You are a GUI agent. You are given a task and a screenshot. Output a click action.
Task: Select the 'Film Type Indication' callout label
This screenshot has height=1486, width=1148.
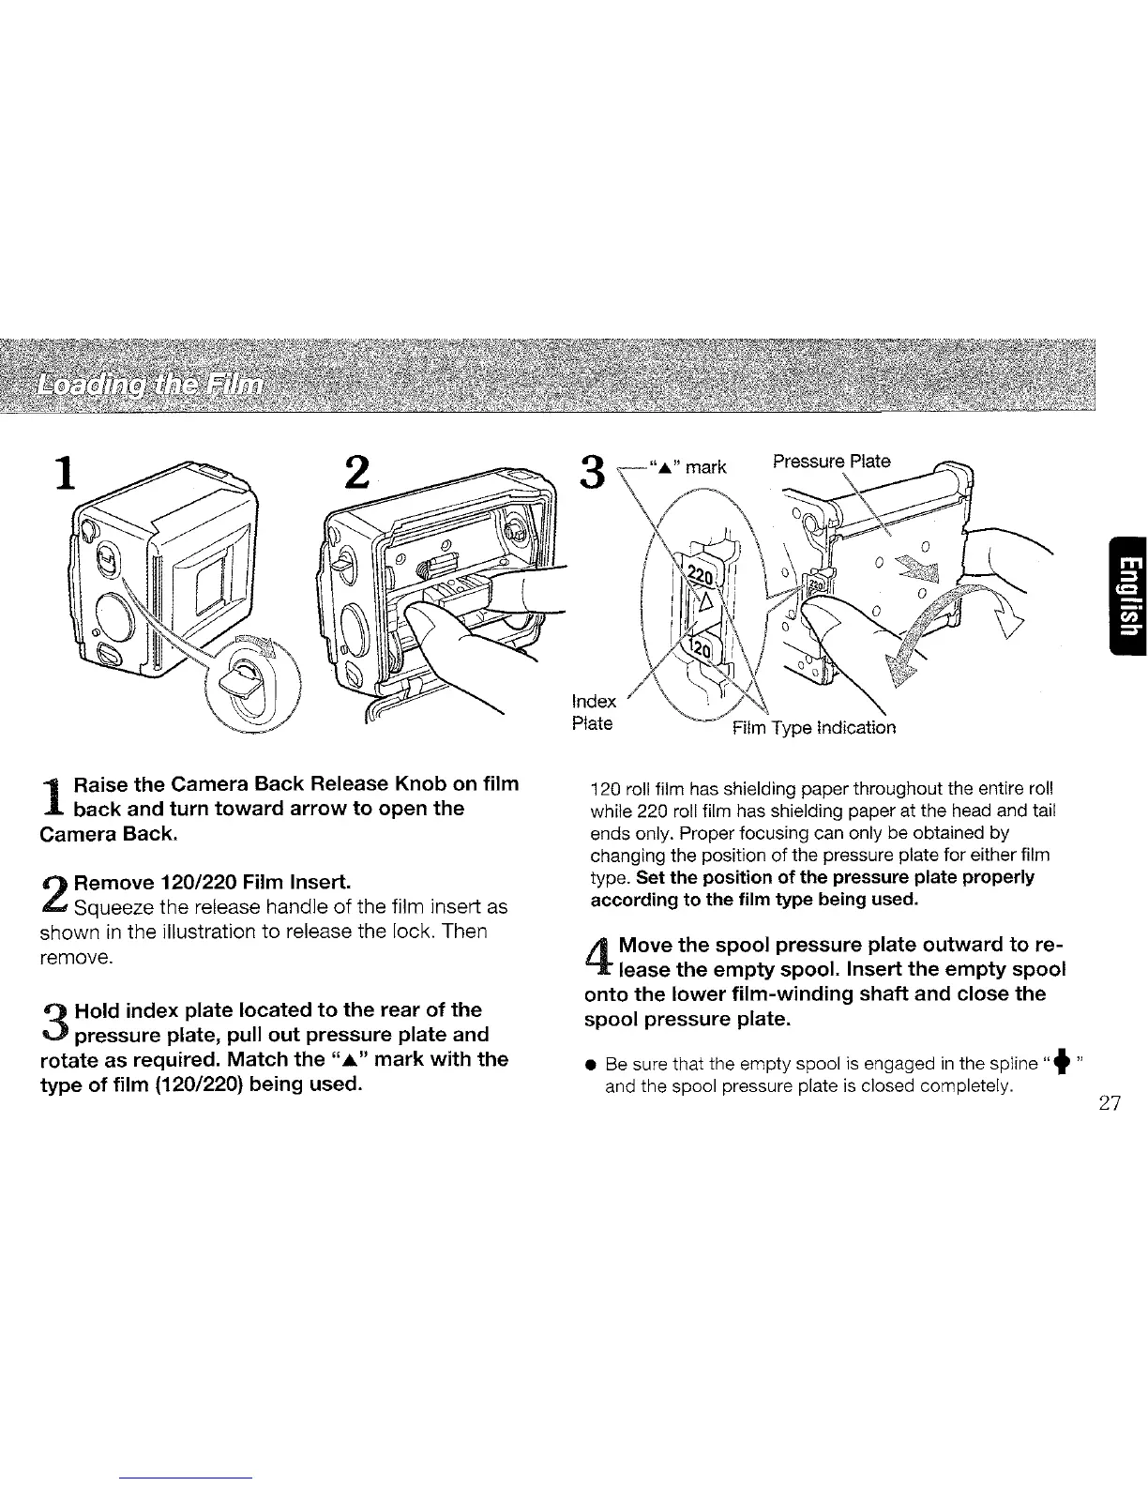pyautogui.click(x=815, y=727)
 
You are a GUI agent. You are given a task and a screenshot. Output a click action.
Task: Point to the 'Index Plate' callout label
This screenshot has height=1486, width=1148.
pyautogui.click(x=594, y=712)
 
